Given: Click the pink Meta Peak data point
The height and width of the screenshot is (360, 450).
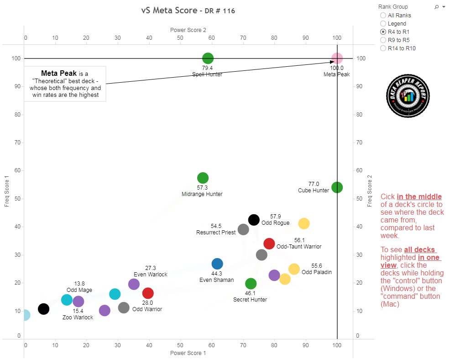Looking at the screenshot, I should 337,58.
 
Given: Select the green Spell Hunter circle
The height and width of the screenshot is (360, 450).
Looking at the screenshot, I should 208,58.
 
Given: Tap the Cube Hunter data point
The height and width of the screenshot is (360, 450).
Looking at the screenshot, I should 337,187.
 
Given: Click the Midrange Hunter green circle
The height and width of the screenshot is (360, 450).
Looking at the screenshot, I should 203,178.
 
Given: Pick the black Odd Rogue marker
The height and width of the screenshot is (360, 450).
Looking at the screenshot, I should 254,220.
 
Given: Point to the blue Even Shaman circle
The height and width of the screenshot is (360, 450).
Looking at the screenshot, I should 217,264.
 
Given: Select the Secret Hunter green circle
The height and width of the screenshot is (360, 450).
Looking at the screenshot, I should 251,284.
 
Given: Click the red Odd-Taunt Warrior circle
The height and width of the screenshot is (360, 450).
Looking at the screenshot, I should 269,244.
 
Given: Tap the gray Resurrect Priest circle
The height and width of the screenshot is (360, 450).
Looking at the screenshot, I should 243,229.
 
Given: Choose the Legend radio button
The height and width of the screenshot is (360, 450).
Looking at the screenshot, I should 383,24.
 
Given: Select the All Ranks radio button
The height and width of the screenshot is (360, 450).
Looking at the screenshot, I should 383,16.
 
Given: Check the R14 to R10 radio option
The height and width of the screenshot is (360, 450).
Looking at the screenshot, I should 383,48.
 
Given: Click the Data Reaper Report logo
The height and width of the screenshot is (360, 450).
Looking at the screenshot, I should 408,95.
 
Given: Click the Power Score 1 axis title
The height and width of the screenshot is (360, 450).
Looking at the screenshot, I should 188,353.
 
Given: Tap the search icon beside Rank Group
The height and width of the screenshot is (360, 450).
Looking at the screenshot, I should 436,7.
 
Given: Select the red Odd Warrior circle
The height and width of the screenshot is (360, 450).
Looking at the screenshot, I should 148,293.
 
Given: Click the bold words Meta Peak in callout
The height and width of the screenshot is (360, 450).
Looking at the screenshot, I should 58,73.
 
